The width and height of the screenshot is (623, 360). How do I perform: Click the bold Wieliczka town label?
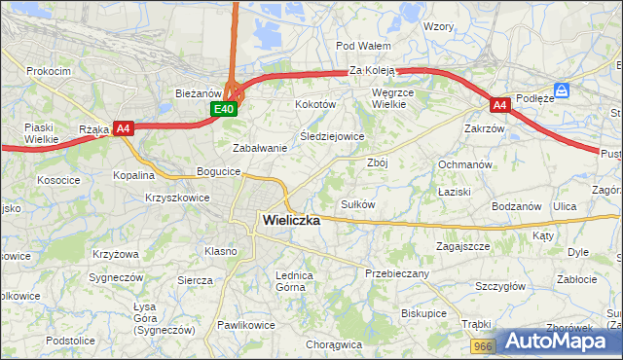[x=291, y=221]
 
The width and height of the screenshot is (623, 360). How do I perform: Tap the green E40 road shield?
[x=224, y=109]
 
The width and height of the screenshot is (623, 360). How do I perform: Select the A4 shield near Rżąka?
[x=123, y=127]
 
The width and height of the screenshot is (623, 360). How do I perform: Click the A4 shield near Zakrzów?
[x=499, y=105]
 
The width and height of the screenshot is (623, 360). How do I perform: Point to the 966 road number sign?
[x=484, y=345]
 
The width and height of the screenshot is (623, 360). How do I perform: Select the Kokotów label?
[x=315, y=104]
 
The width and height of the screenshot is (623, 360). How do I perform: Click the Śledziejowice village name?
[x=332, y=136]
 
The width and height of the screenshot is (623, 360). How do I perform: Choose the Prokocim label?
[x=49, y=71]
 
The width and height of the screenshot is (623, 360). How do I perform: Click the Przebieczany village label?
[x=397, y=273]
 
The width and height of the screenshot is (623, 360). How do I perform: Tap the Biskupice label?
[x=423, y=314]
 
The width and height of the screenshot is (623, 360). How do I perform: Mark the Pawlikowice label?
[x=246, y=325]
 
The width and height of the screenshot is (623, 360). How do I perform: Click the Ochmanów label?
[x=464, y=165]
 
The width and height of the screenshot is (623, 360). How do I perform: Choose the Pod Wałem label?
[x=363, y=46]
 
